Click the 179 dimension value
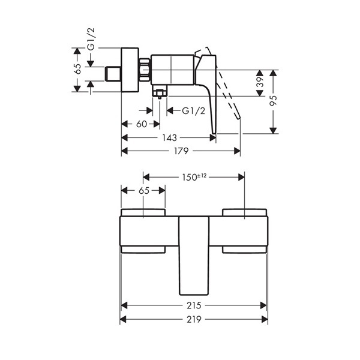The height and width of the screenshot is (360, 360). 181,151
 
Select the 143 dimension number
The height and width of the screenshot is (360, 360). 169,138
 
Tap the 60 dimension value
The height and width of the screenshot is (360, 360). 142,124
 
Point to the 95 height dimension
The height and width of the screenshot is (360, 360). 273,100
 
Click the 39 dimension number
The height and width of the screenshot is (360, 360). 260,82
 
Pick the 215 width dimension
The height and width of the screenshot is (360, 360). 194,305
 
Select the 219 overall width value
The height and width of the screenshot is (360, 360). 194,319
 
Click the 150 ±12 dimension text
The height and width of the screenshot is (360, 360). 194,177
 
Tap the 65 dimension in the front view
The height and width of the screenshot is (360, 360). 144,191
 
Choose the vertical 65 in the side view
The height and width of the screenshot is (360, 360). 78,68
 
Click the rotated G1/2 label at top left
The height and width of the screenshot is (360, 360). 91,39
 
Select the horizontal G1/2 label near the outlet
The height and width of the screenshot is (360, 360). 193,111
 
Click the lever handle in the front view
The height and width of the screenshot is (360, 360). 194,256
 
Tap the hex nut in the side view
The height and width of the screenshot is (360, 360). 145,70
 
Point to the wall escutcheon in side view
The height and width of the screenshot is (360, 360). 130,70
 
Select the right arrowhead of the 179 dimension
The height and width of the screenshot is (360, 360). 237,151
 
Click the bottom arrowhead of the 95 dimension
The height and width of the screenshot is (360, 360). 273,130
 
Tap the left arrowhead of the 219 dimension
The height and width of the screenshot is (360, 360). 123,319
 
